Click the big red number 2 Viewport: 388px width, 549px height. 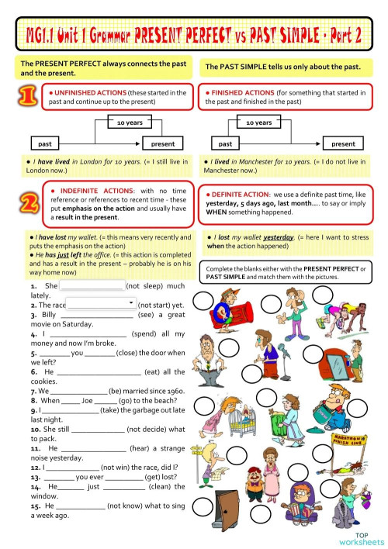coord(26,204)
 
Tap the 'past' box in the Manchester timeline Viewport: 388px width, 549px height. coord(225,143)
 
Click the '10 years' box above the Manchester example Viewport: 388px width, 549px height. coord(258,123)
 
